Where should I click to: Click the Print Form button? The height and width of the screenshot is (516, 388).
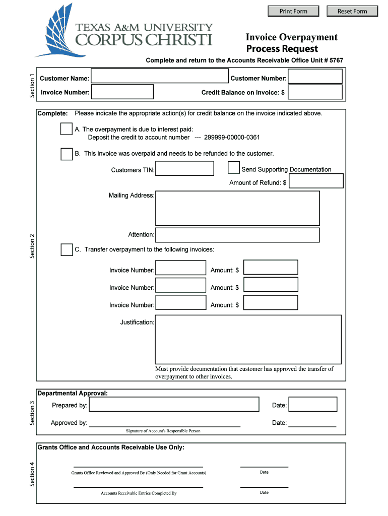pyautogui.click(x=293, y=11)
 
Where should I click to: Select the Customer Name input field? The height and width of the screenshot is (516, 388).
pyautogui.click(x=159, y=76)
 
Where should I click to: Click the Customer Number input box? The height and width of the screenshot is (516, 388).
pyautogui.click(x=315, y=76)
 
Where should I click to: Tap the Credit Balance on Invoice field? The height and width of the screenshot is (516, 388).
pyautogui.click(x=315, y=92)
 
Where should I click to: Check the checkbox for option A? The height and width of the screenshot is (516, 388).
pyautogui.click(x=67, y=129)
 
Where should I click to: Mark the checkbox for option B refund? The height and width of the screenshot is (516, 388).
pyautogui.click(x=67, y=154)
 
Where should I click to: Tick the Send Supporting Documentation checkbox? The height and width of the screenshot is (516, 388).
pyautogui.click(x=234, y=167)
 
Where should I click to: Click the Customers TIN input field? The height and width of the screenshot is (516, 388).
pyautogui.click(x=184, y=168)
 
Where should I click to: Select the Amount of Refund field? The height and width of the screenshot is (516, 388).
pyautogui.click(x=316, y=181)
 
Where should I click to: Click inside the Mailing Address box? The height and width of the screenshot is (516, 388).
pyautogui.click(x=237, y=208)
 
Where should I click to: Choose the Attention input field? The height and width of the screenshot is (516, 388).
pyautogui.click(x=237, y=235)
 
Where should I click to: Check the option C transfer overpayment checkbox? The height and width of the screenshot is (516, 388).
pyautogui.click(x=67, y=249)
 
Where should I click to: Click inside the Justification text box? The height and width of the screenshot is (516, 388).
pyautogui.click(x=248, y=339)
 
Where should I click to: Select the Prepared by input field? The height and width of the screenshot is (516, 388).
pyautogui.click(x=174, y=405)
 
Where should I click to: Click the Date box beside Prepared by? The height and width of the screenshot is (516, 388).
pyautogui.click(x=312, y=405)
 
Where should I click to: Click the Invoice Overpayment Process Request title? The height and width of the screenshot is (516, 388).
pyautogui.click(x=291, y=43)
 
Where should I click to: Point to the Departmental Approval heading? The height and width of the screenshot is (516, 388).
pyautogui.click(x=73, y=393)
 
